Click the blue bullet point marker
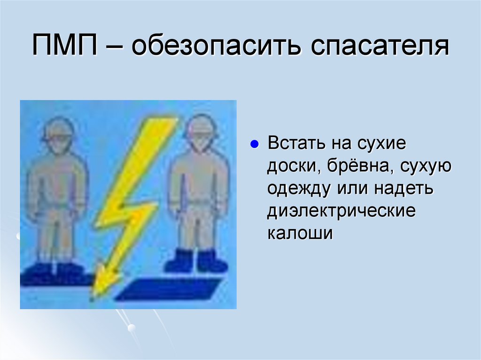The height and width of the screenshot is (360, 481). (255, 144)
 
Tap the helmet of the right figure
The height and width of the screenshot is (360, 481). (200, 126)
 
